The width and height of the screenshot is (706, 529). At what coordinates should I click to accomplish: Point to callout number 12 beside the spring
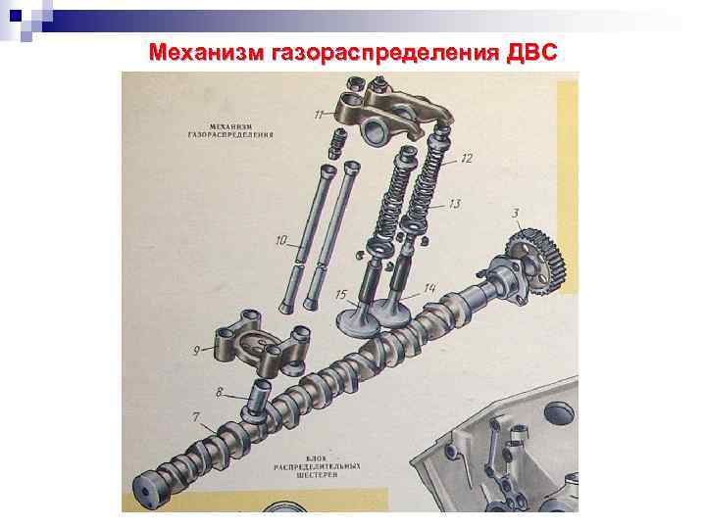pos(466,158)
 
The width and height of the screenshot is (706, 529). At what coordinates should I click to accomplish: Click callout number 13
pos(454,204)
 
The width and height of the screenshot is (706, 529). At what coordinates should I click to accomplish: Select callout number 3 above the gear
pos(516,213)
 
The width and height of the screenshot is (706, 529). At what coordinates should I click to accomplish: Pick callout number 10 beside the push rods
pos(281,240)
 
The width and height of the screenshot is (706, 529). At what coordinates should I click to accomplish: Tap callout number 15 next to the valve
pos(340,294)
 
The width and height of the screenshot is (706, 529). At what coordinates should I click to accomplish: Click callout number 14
pos(429,288)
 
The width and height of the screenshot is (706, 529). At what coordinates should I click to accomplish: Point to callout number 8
pos(220,393)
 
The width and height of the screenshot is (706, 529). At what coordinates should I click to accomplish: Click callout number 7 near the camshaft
pos(196,418)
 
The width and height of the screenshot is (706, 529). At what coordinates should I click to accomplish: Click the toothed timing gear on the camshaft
pos(534,259)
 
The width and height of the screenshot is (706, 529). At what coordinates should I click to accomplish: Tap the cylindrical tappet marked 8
pos(259,396)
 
